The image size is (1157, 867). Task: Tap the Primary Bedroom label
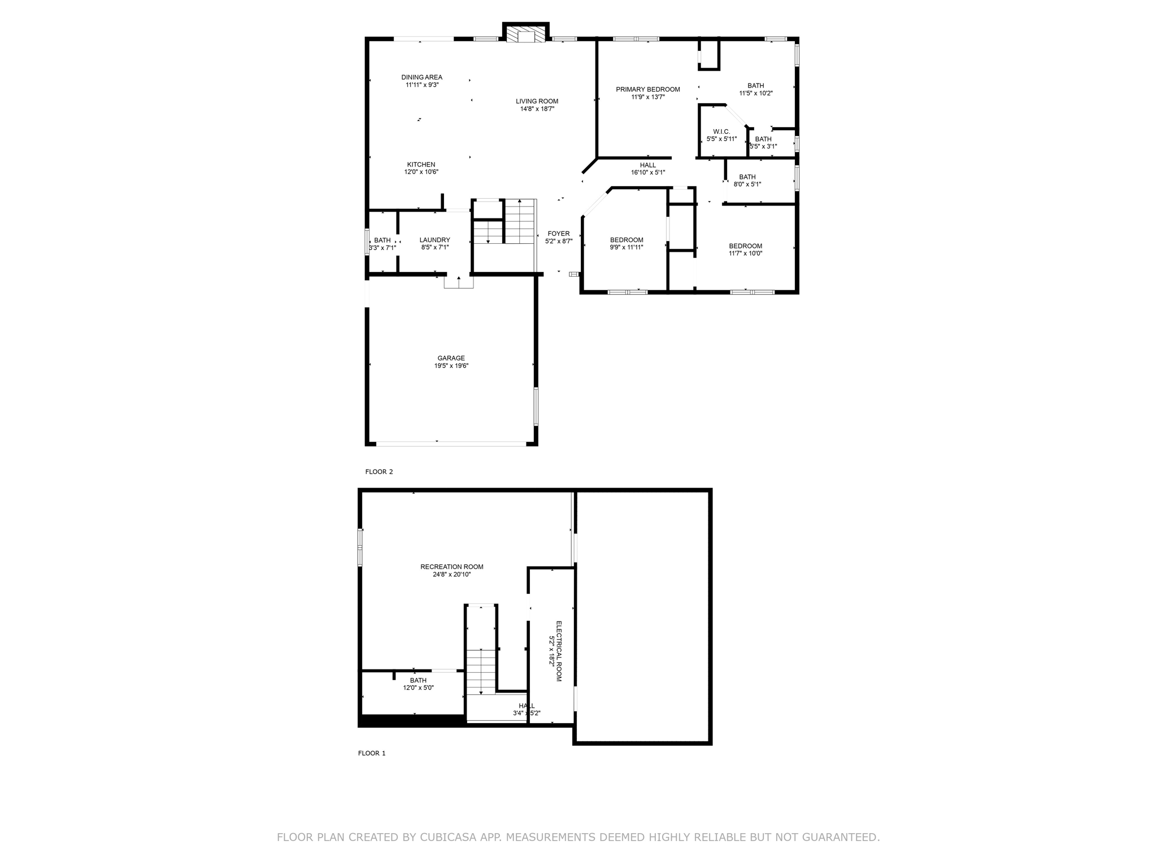click(647, 89)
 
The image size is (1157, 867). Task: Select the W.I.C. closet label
click(721, 132)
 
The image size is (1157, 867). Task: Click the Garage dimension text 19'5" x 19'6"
click(451, 366)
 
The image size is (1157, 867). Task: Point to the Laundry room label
click(434, 240)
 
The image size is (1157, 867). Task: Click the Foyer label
click(558, 234)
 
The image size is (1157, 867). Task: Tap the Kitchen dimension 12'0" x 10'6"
click(421, 172)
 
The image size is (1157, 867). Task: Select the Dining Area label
click(421, 77)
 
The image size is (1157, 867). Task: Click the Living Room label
click(537, 102)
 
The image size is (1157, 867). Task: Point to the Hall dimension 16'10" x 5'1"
click(648, 173)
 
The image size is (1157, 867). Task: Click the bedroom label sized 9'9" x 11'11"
click(626, 240)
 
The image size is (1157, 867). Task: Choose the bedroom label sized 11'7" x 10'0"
click(745, 246)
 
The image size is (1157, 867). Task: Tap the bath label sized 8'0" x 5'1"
click(747, 177)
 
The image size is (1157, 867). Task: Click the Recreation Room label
click(451, 567)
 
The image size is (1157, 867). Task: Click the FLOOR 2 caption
click(379, 472)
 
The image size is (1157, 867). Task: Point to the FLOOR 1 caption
click(371, 753)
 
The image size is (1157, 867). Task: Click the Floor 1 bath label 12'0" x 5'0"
click(418, 681)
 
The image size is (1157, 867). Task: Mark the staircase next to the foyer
click(519, 221)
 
